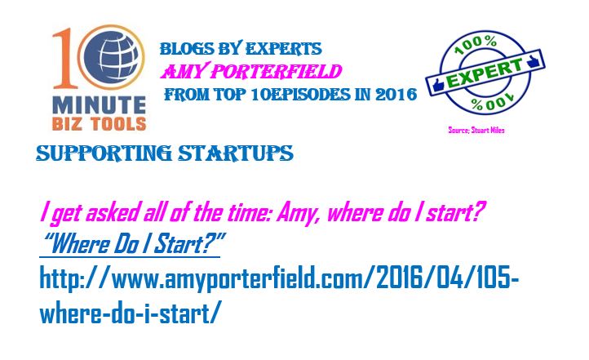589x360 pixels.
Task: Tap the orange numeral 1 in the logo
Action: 64,59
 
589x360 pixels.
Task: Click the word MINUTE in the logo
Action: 100,104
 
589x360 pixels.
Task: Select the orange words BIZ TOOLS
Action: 100,123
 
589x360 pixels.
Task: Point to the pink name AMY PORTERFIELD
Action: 251,71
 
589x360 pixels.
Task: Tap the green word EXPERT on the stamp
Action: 485,73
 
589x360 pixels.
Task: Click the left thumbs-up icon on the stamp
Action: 438,85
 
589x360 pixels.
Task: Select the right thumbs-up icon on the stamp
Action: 533,61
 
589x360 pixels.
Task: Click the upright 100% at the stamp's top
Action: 475,44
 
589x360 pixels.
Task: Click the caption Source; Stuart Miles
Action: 476,130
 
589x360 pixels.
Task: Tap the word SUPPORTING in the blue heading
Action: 104,153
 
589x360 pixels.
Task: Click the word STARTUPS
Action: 236,153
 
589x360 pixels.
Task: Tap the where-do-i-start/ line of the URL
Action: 128,312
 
